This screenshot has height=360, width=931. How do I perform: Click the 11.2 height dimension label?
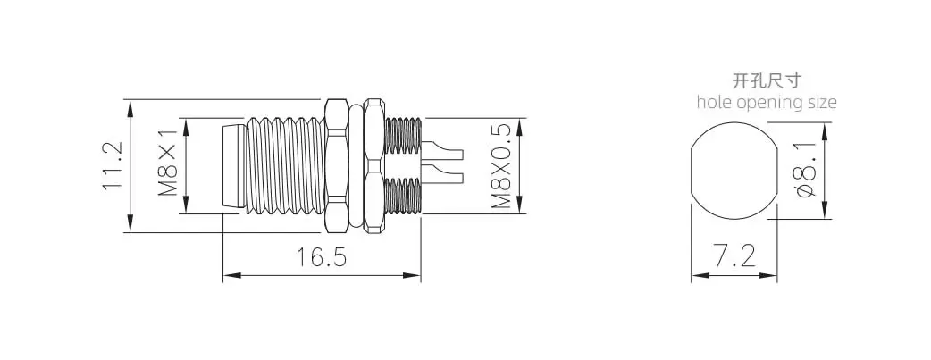pyautogui.click(x=112, y=166)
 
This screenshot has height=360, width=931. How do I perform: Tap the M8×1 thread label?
pyautogui.click(x=168, y=163)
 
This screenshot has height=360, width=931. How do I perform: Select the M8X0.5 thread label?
pyautogui.click(x=502, y=166)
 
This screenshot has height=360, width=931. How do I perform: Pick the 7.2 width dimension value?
pyautogui.click(x=734, y=256)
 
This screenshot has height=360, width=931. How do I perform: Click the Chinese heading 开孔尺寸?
pyautogui.click(x=767, y=80)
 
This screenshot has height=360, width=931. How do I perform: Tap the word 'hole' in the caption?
pyautogui.click(x=714, y=102)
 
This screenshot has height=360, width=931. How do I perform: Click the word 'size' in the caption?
pyautogui.click(x=820, y=102)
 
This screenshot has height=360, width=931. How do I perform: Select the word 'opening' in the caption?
pyautogui.click(x=767, y=104)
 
